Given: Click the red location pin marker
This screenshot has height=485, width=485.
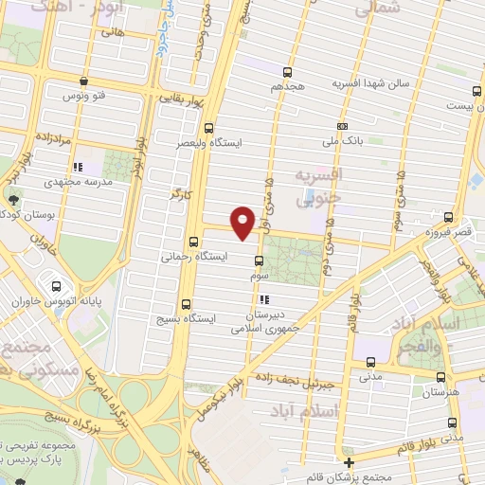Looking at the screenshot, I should coord(243,222).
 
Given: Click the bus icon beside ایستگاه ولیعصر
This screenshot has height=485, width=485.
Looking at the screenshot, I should coord(209,129).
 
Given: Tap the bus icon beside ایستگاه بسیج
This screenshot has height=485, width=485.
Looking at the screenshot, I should coord(185,306).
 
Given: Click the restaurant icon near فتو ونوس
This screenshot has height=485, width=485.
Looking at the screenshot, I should coord(85,81).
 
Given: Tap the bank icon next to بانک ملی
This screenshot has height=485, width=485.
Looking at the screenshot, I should coord(341,126).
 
